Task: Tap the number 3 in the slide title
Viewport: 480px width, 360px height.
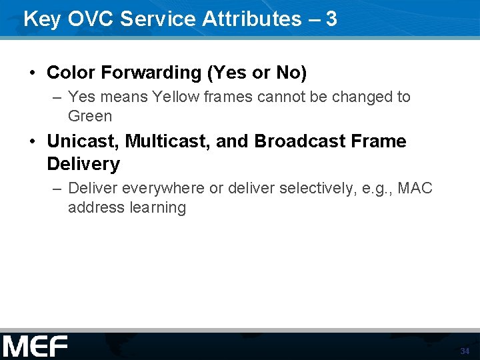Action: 331,19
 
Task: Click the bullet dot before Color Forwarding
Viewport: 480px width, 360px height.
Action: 33,72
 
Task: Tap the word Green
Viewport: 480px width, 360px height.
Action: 90,116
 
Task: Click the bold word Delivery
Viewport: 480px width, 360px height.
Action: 83,164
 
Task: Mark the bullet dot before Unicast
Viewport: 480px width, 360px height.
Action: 33,141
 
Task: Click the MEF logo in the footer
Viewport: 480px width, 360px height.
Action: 35,347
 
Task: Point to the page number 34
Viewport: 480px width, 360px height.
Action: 465,351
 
